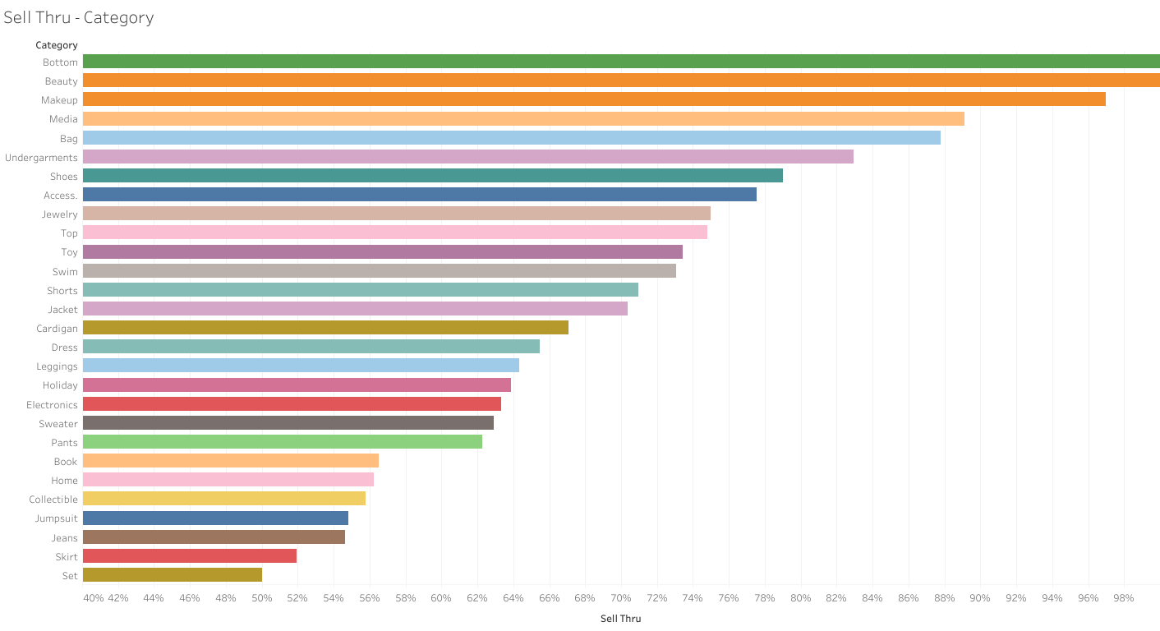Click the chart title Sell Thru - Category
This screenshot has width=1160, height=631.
tap(79, 17)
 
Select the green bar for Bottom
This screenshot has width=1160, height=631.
tap(620, 62)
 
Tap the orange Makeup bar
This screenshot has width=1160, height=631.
tap(594, 99)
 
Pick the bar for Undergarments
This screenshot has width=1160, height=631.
tap(468, 157)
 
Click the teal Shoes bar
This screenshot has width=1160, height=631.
tap(433, 176)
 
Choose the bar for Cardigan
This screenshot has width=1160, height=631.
tap(325, 328)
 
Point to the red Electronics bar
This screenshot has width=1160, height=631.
tap(292, 404)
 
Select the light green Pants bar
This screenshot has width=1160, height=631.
tap(283, 442)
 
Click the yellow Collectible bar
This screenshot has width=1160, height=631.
tap(224, 499)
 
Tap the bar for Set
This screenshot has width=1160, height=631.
tap(173, 575)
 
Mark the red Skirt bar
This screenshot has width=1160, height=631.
tap(190, 556)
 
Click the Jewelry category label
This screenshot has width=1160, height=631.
tap(60, 214)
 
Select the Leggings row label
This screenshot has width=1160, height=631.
tap(57, 366)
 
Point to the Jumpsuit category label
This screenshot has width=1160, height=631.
tap(56, 518)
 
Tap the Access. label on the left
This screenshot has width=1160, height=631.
tap(61, 196)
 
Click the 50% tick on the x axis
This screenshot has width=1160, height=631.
tap(262, 597)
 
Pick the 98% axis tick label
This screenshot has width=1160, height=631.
tap(1123, 597)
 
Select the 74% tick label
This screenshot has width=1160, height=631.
tap(693, 597)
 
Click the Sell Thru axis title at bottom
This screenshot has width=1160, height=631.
tap(620, 619)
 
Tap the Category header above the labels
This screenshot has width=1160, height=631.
tap(57, 45)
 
